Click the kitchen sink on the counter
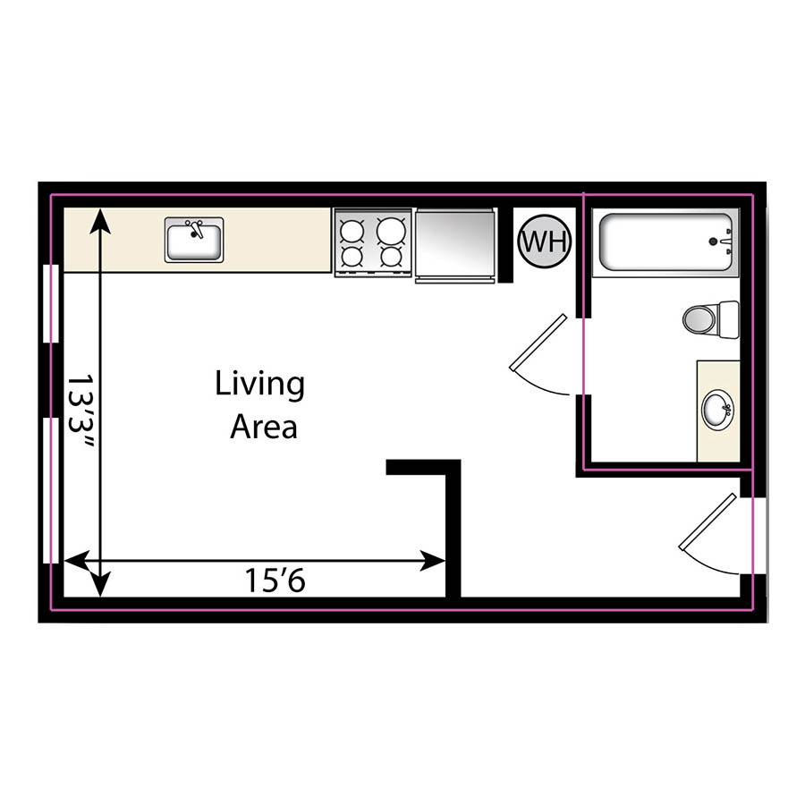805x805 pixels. (x=194, y=240)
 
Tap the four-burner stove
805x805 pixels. (x=372, y=242)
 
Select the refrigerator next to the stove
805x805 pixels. (x=455, y=244)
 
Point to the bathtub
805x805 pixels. (x=667, y=241)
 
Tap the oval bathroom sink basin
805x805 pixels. (x=718, y=411)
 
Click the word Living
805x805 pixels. (x=259, y=386)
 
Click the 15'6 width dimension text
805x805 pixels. (x=275, y=581)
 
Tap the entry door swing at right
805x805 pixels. (x=712, y=537)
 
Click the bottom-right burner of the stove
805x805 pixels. (x=391, y=257)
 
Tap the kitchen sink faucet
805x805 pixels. (x=199, y=230)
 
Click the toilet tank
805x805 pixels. (x=728, y=318)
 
